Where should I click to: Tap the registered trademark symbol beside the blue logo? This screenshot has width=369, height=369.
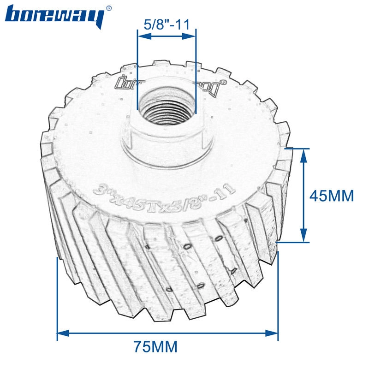[108, 8]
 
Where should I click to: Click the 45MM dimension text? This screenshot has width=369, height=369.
[331, 196]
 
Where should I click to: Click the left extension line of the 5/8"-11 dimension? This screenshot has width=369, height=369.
[137, 69]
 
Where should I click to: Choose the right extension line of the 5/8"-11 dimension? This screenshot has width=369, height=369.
[196, 69]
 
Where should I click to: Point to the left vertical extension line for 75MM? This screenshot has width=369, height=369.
[57, 295]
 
